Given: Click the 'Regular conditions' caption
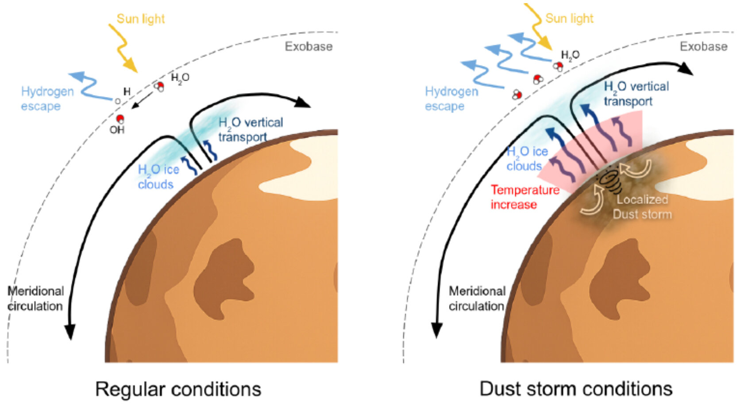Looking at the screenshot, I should (178, 389).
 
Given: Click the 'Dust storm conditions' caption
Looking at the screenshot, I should (576, 389).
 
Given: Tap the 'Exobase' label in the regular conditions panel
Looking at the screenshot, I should (308, 47).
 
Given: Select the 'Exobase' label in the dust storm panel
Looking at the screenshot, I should (703, 47).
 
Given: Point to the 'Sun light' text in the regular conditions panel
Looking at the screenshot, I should (141, 19).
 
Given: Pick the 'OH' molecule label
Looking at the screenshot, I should (117, 130).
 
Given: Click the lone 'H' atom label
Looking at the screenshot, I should (127, 92).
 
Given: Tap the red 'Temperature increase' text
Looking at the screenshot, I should (525, 197).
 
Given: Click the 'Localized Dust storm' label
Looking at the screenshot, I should (642, 207).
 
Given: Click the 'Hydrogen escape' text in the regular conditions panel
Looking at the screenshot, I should (47, 99).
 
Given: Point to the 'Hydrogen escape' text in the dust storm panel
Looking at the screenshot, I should (451, 99).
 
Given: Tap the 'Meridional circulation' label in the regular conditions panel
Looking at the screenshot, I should (35, 299).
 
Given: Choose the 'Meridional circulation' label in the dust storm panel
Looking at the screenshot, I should (477, 299).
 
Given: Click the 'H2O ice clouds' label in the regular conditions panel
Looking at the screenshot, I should (158, 177).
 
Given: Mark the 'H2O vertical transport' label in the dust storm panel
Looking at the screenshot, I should (636, 93).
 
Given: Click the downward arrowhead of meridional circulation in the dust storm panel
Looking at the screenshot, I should (437, 330).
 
